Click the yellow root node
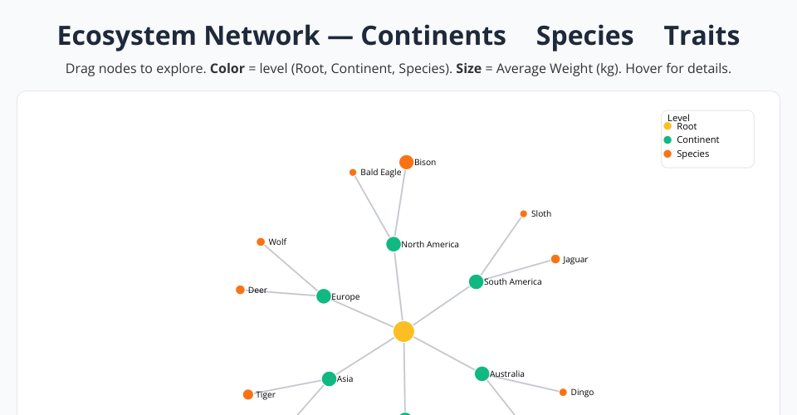tap(403, 332)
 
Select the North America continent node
tap(394, 244)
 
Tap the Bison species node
tap(406, 162)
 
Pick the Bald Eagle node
tap(353, 173)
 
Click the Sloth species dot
tap(523, 213)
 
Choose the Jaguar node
tap(555, 259)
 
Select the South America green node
tap(476, 281)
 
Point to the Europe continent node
tap(324, 296)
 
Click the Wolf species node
tap(261, 242)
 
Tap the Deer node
tap(240, 290)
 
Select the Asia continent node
tap(329, 379)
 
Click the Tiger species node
tap(247, 394)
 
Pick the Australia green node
tap(482, 373)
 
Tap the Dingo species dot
tap(563, 392)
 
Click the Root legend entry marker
tap(667, 126)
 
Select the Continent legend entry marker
tap(667, 140)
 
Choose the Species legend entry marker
tap(667, 154)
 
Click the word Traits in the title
tap(702, 36)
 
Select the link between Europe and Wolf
tap(292, 270)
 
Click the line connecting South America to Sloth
tap(500, 247)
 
